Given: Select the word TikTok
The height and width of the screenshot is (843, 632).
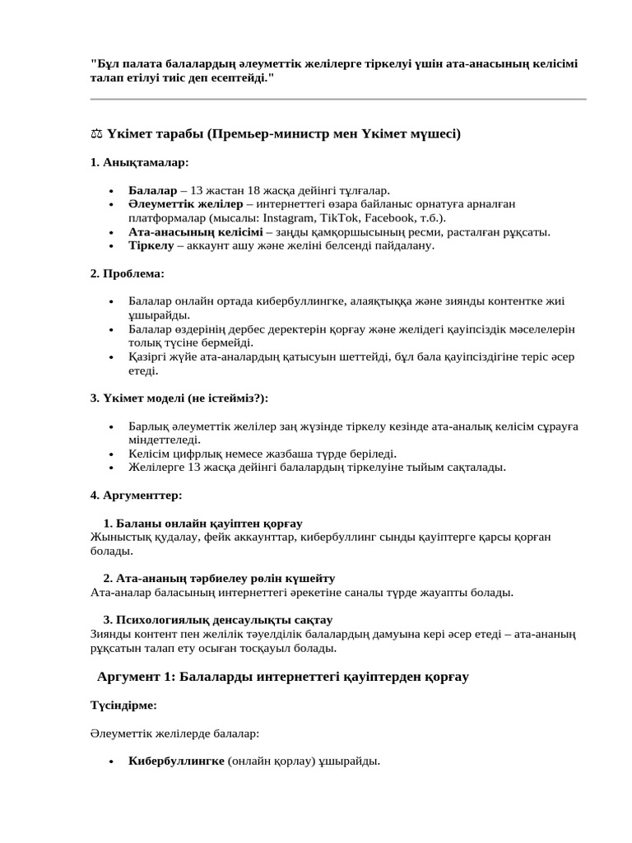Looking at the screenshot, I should coord(337,217).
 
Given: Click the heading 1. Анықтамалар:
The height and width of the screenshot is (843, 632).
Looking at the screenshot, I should coord(139,162).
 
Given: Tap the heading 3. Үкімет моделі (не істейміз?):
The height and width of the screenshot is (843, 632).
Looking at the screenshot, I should coord(179,398).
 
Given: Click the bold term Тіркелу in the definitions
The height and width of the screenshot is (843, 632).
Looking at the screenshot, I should coord(151,245).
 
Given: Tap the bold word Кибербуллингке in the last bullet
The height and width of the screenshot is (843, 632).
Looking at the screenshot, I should coord(176,761).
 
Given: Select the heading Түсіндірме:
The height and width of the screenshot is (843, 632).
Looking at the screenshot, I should coord(123,706).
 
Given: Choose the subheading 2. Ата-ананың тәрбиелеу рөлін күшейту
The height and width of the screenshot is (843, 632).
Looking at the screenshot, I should coord(219,578).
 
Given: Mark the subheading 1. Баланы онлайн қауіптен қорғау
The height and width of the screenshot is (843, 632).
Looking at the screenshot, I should coord(202,524).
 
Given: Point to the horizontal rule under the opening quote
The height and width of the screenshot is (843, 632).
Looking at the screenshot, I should coord(337,100).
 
